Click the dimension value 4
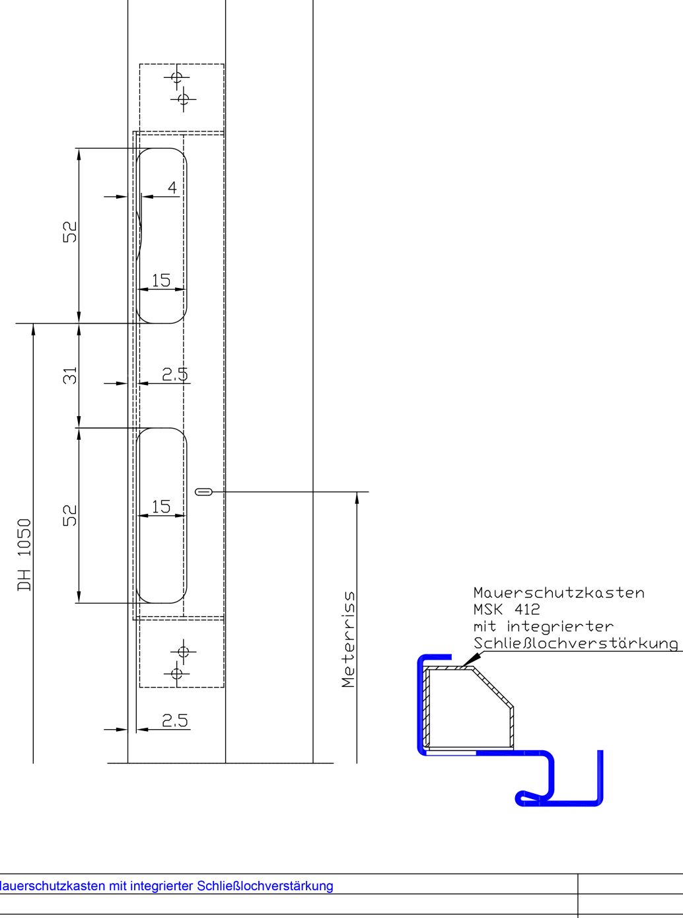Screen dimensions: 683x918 [x=172, y=188]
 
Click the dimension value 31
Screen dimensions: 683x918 [x=70, y=375]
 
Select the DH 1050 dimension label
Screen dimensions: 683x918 [x=24, y=555]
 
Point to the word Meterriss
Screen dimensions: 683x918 [x=349, y=639]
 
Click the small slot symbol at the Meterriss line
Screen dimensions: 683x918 [x=203, y=492]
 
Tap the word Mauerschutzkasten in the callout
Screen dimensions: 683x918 [x=559, y=592]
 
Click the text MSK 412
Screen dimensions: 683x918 [x=507, y=609]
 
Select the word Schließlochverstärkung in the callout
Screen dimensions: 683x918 [x=576, y=643]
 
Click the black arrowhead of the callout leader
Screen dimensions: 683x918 [x=472, y=658]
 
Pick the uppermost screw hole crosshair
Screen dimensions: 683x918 [x=177, y=77]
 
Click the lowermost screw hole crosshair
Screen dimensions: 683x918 [x=177, y=674]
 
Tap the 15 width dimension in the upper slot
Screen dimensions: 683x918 [x=161, y=281]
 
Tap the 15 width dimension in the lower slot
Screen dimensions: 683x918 [x=161, y=507]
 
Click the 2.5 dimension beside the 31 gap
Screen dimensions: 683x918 [x=174, y=374]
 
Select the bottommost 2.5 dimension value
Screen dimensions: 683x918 [x=174, y=721]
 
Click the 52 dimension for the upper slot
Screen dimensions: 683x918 [x=70, y=232]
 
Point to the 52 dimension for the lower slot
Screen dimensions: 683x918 [x=70, y=515]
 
